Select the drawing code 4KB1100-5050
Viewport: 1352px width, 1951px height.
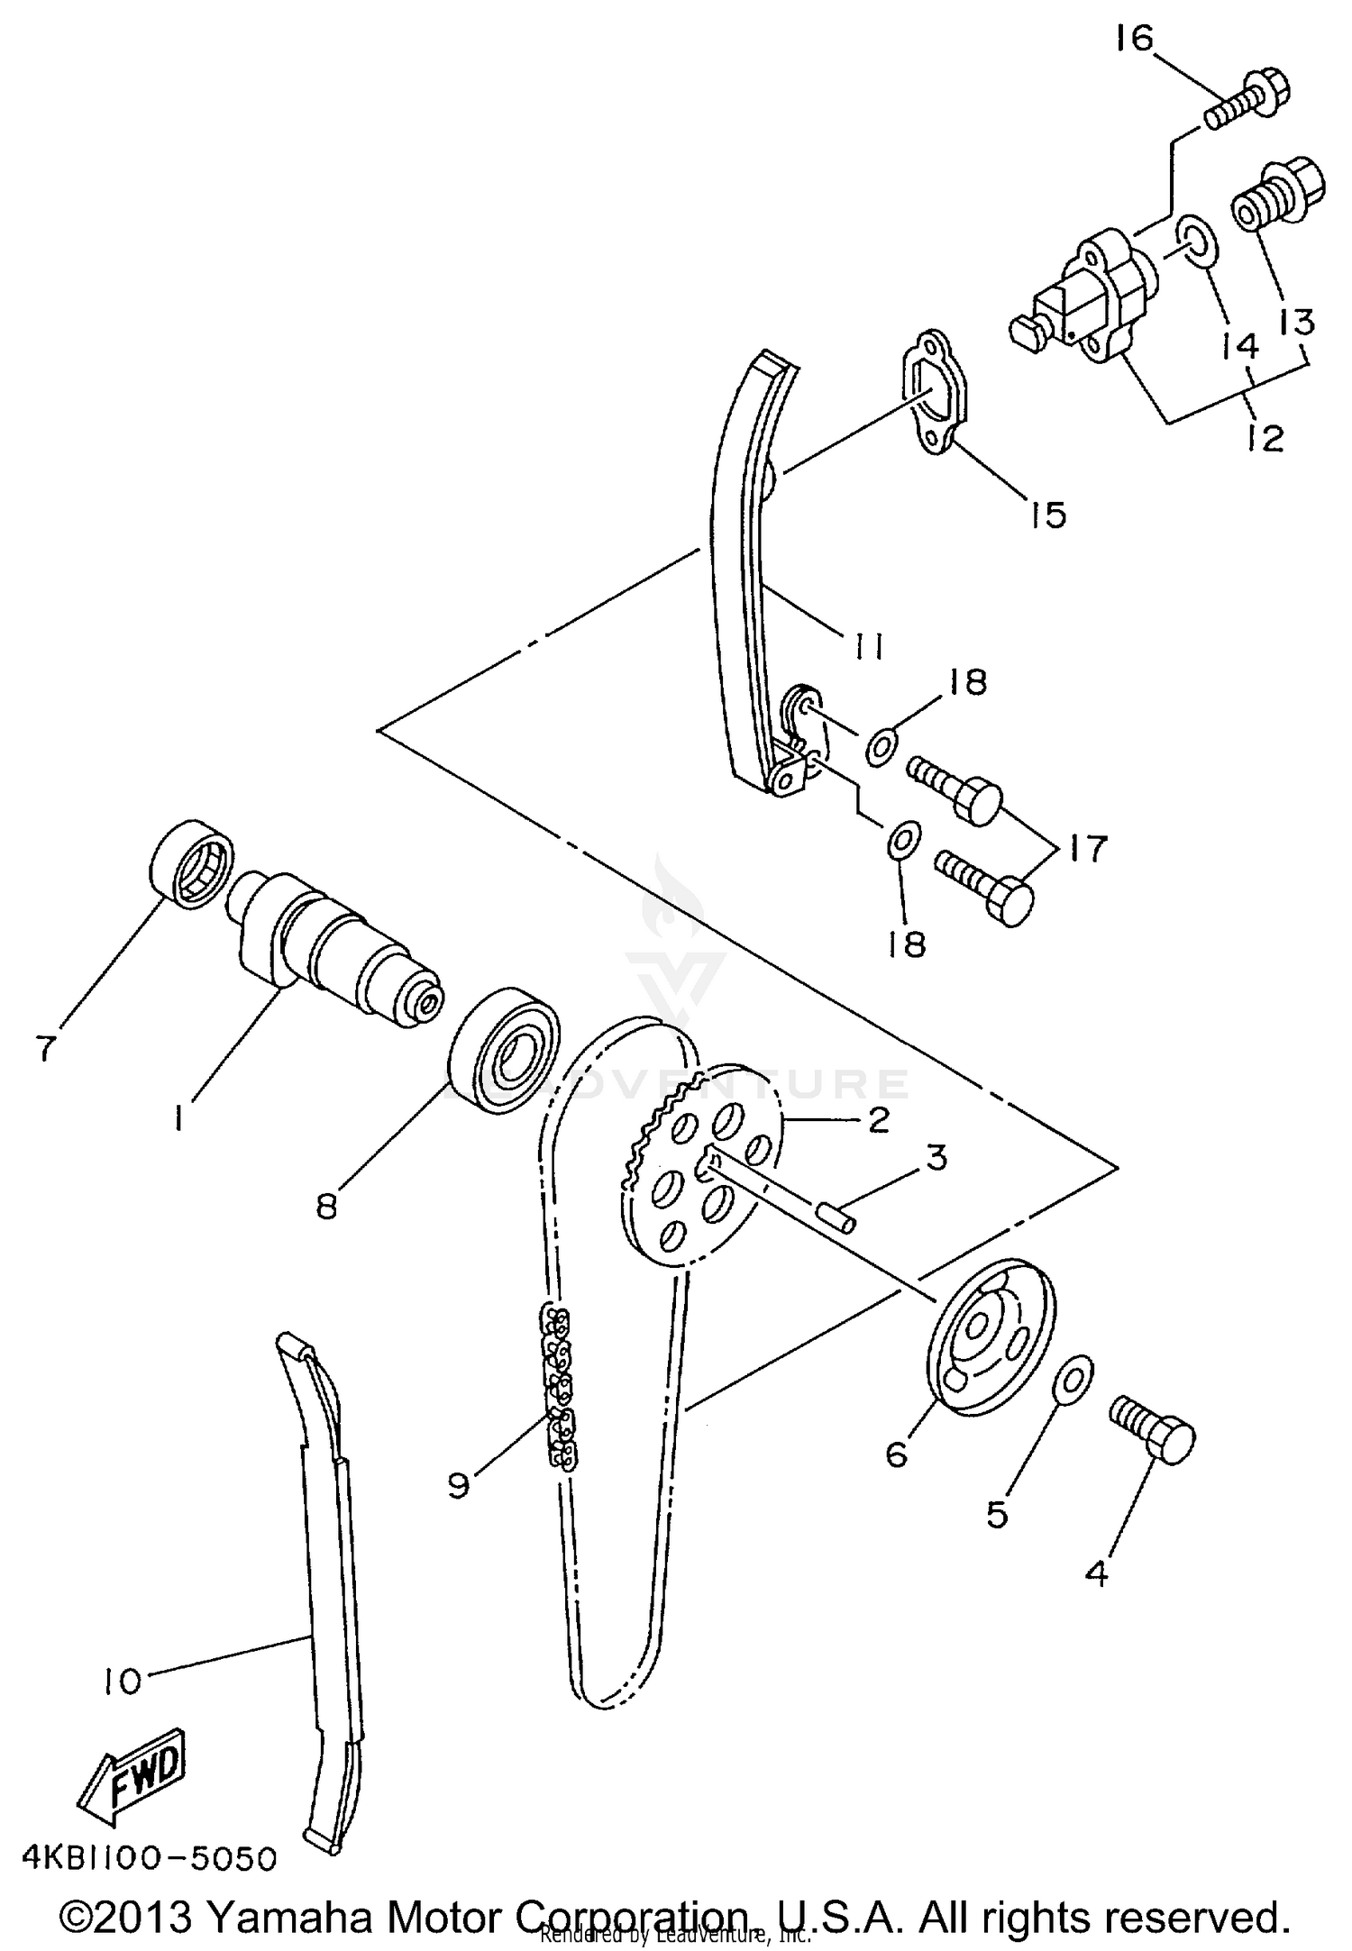(x=149, y=1857)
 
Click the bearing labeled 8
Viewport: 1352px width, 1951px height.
(x=504, y=1050)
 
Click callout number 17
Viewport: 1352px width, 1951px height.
(x=1085, y=848)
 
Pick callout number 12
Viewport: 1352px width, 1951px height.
(x=1265, y=438)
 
